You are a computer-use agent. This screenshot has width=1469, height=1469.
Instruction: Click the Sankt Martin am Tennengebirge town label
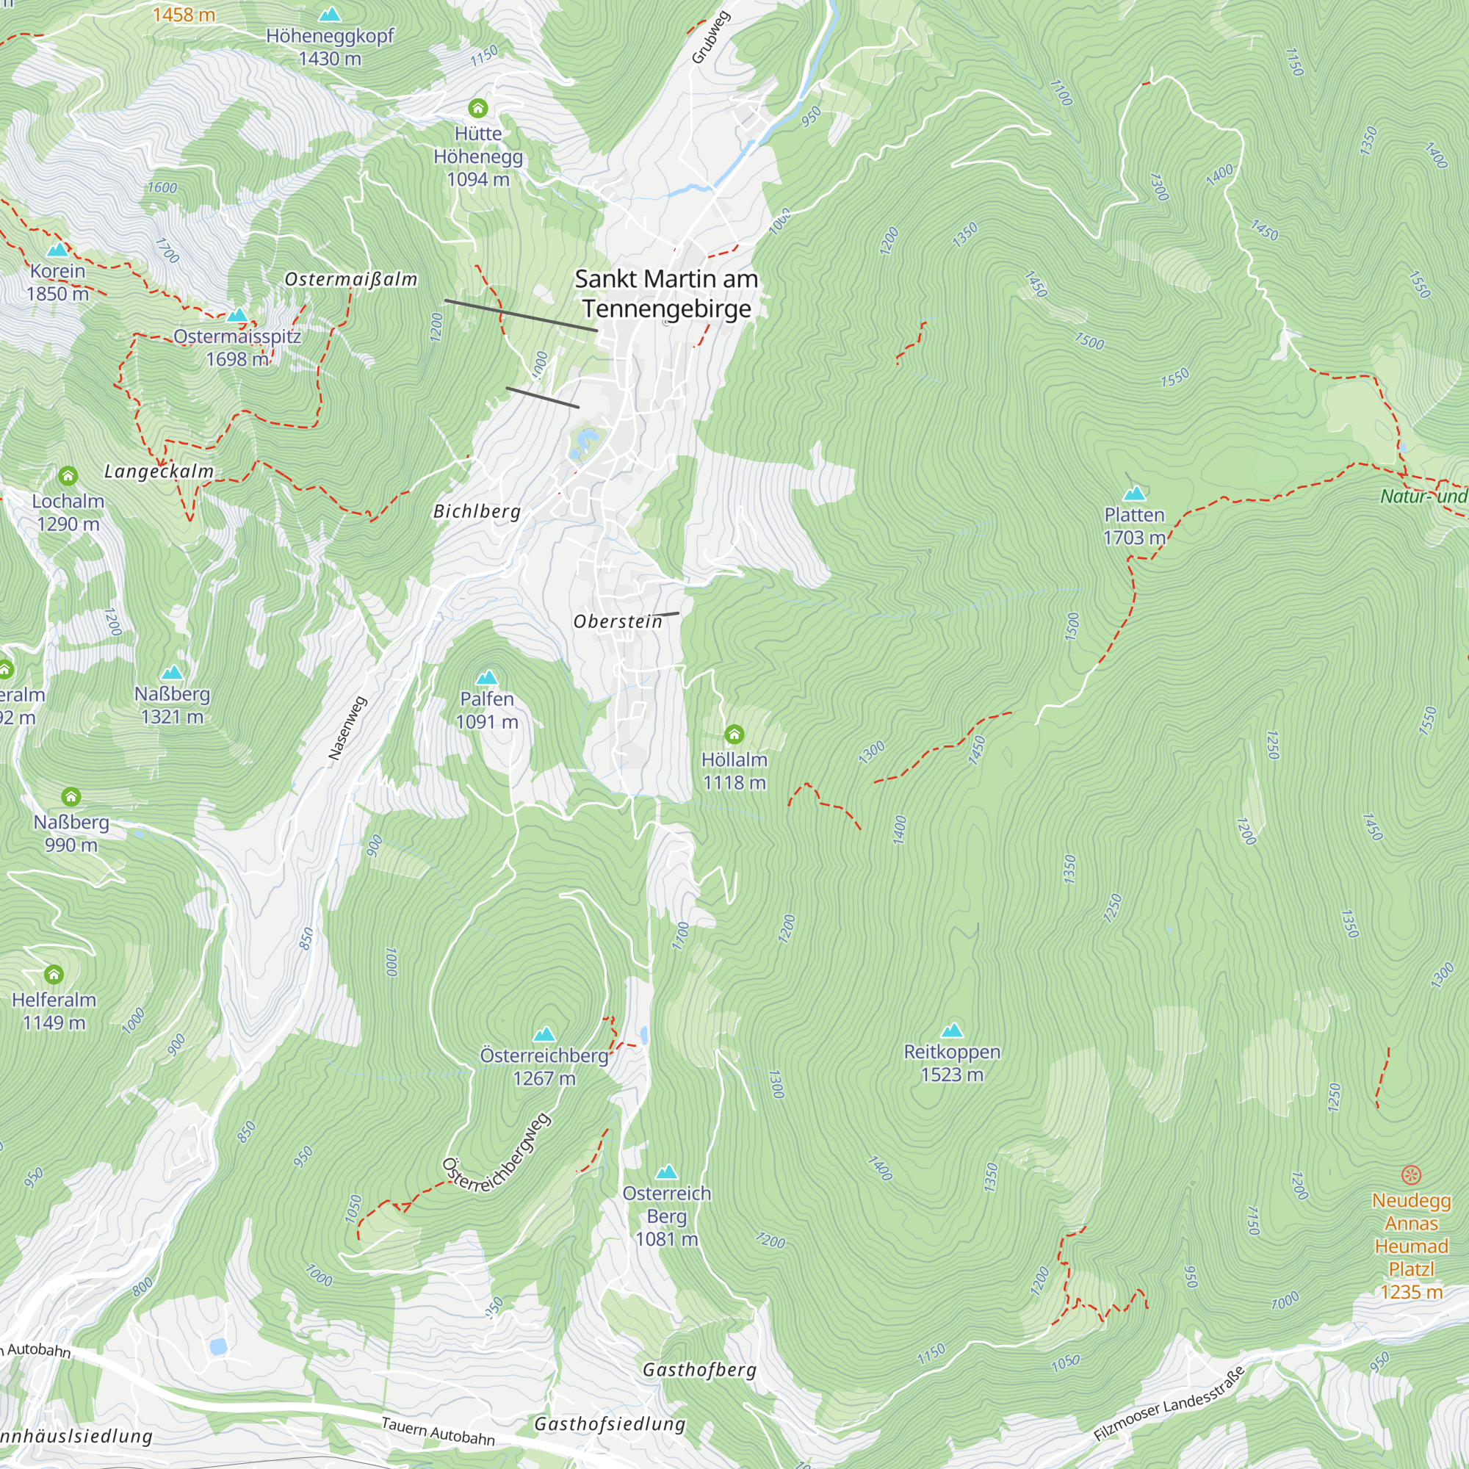click(x=666, y=294)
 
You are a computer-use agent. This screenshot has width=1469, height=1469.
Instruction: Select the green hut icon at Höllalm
click(x=734, y=734)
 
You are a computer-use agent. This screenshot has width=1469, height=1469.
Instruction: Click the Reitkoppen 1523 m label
click(x=951, y=1062)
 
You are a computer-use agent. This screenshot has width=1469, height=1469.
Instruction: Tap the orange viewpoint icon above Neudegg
click(x=1410, y=1174)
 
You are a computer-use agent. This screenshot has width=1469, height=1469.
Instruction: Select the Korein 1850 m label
click(x=58, y=282)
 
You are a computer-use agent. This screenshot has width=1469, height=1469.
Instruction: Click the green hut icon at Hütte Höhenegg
click(x=477, y=108)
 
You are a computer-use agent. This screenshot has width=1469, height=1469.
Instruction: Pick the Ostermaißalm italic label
click(x=350, y=279)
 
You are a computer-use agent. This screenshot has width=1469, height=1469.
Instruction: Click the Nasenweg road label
click(x=347, y=728)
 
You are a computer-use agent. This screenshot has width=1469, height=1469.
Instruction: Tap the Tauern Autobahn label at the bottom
click(x=437, y=1431)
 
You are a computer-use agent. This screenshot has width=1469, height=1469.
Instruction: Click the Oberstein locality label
click(x=618, y=621)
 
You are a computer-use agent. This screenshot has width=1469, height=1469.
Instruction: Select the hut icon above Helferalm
click(x=53, y=974)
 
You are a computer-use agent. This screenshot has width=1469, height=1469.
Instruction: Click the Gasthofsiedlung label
click(x=609, y=1424)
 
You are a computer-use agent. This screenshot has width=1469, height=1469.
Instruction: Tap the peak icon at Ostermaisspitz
click(x=237, y=315)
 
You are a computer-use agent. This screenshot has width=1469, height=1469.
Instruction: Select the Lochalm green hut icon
click(x=68, y=476)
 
